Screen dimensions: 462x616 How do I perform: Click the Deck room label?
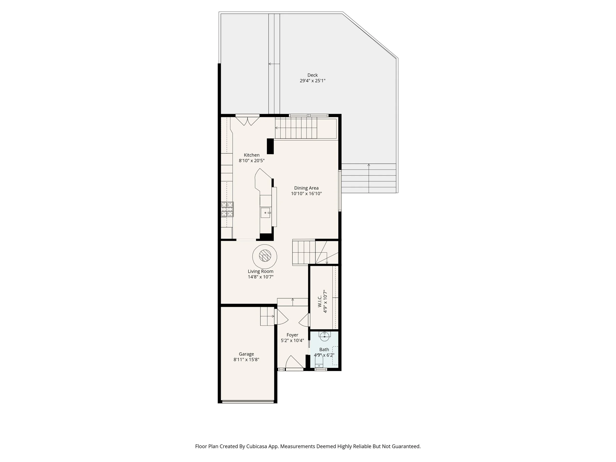312,75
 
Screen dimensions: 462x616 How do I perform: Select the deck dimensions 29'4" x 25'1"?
312,81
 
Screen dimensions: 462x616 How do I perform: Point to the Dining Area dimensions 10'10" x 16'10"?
306,193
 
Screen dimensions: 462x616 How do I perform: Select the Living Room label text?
260,271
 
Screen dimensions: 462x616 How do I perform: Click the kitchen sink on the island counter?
266,213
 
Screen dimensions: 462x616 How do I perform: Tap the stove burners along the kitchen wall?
227,209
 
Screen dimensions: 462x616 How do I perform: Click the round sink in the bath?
325,336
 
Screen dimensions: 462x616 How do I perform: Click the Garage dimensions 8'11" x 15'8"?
246,359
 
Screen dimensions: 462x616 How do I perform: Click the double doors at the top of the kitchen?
248,120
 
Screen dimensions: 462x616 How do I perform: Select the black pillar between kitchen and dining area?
270,146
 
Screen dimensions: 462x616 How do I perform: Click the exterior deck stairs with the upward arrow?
369,178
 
